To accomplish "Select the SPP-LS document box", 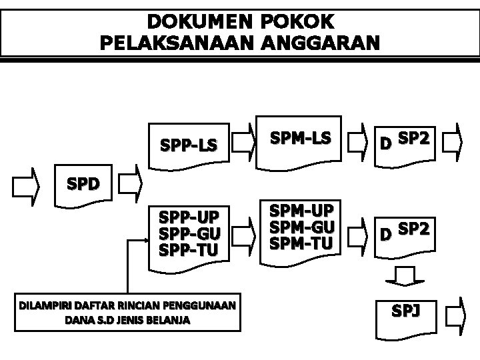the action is point(189,143).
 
